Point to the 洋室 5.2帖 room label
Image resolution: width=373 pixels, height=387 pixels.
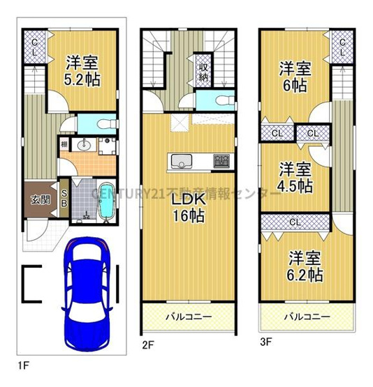[x=82, y=70]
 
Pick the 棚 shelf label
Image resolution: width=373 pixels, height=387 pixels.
[x=64, y=145]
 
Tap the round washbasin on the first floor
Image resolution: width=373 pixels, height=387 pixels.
[x=85, y=146]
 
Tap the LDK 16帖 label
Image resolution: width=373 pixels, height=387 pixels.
[x=186, y=206]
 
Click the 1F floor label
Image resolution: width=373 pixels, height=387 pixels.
[x=24, y=364]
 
